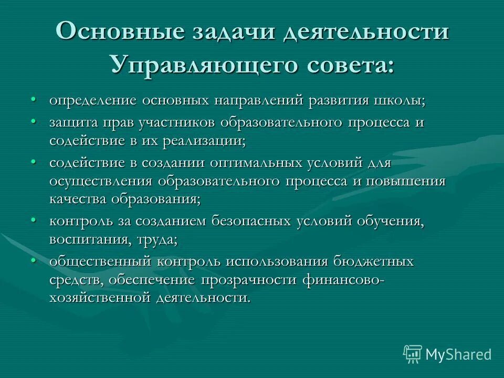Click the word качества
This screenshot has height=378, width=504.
click(78, 200)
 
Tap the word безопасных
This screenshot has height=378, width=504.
click(251, 222)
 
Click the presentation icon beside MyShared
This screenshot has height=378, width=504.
click(413, 354)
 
